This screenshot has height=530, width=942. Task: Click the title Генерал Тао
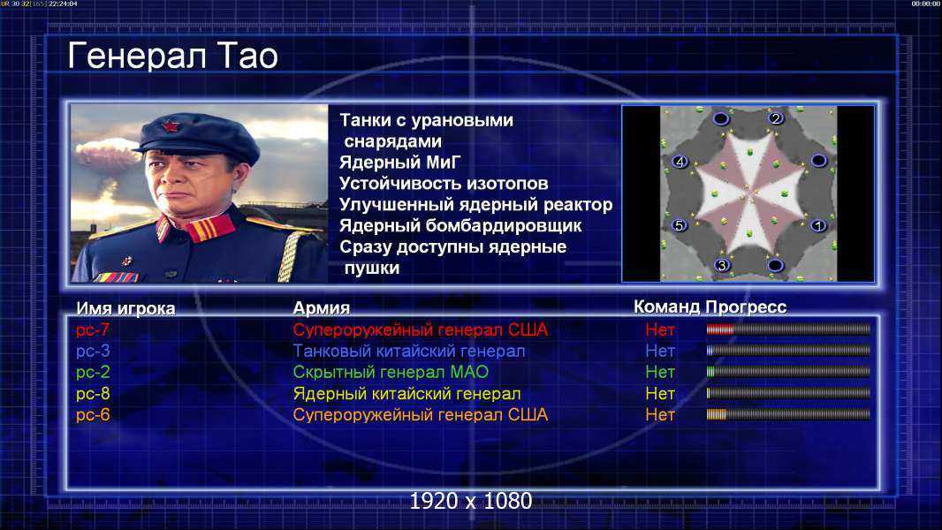click(172, 56)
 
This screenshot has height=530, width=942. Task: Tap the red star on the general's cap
click(170, 126)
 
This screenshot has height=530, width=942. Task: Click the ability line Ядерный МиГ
click(399, 162)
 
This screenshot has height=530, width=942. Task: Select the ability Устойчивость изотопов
click(444, 183)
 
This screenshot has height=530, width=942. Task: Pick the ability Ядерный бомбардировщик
click(460, 225)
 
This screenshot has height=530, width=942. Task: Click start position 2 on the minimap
click(776, 118)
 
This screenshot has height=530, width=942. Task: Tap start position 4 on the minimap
click(680, 162)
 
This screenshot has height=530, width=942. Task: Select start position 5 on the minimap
click(679, 225)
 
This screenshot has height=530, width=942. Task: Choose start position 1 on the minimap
click(817, 225)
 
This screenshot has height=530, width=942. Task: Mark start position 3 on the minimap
click(722, 265)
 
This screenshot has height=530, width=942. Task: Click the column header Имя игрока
click(125, 308)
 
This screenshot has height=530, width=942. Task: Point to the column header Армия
click(322, 308)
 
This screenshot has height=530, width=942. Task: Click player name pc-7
click(93, 329)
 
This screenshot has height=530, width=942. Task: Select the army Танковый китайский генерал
click(409, 352)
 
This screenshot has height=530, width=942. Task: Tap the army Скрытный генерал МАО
click(391, 372)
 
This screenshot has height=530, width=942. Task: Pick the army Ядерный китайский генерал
click(406, 394)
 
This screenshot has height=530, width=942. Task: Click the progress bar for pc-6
click(788, 414)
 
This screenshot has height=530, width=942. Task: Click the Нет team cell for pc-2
click(660, 372)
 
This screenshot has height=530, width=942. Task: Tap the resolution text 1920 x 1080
click(471, 501)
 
